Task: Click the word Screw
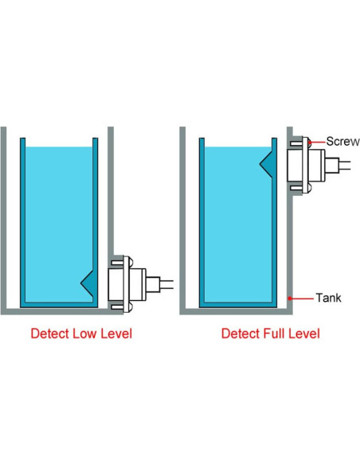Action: pos(342,142)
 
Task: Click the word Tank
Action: pos(329,298)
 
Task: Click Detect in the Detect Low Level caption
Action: pos(50,334)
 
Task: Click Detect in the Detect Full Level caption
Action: pos(241,334)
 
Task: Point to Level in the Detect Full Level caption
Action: pos(304,334)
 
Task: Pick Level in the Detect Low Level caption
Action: pos(116,334)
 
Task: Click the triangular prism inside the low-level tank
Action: pos(88,283)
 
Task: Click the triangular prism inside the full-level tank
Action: pos(268,163)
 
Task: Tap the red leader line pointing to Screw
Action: pos(318,143)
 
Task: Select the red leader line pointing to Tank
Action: pos(302,299)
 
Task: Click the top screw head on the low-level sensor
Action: pos(131,261)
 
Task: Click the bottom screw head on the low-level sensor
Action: pos(131,307)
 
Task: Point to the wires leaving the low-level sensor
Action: pos(166,283)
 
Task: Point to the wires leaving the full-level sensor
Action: pos(345,166)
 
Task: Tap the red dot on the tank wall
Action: pos(290,299)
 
